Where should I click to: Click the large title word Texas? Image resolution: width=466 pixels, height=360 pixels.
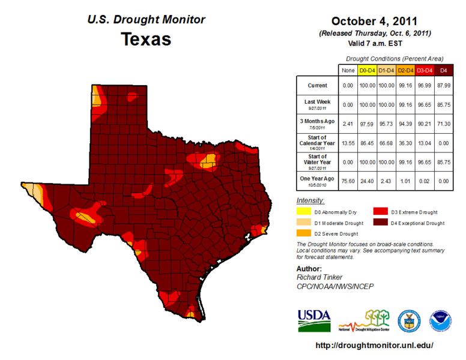point(146,40)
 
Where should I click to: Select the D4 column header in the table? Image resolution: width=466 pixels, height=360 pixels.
point(444,71)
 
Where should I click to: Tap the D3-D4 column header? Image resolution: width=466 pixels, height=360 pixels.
point(424,71)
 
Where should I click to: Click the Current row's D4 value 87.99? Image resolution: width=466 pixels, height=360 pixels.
point(444,86)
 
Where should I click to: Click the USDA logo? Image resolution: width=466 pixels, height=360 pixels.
point(313,320)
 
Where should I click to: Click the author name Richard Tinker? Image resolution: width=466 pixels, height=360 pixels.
point(319,278)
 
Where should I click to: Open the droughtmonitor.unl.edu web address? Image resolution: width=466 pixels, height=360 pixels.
point(374,346)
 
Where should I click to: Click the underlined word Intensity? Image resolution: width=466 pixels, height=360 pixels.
point(310,200)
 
